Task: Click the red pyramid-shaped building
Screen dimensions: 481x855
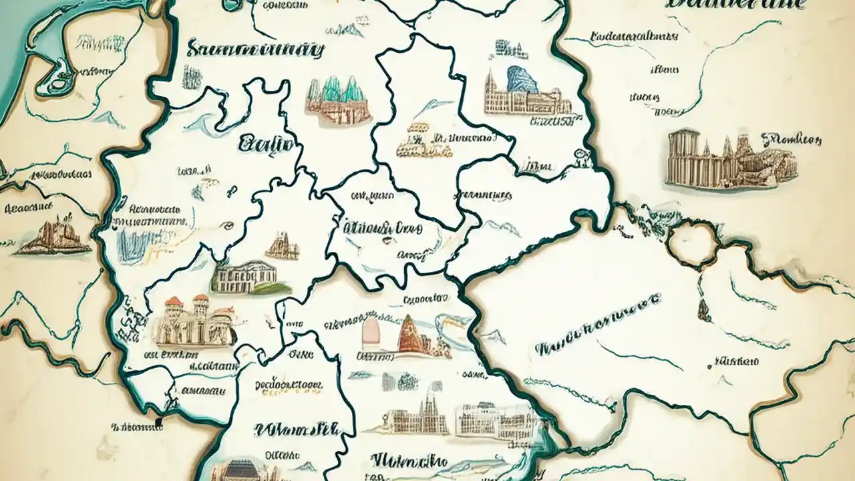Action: tap(409, 334)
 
